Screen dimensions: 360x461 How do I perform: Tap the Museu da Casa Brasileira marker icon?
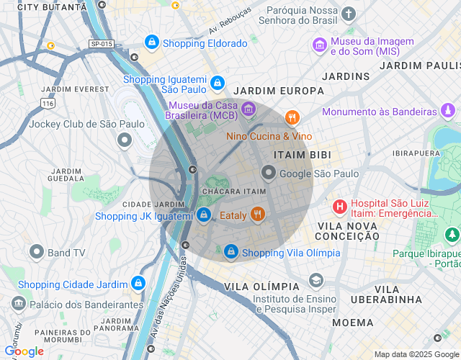point(249,109)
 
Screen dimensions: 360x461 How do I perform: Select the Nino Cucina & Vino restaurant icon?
point(292,117)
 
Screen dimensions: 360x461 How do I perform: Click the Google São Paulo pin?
point(269,173)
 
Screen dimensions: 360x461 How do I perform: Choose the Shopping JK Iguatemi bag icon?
point(204,215)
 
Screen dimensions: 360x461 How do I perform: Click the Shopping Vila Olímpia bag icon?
point(231,252)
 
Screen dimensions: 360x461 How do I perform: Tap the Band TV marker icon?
point(37,252)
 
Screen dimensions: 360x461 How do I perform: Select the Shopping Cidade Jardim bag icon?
point(138,284)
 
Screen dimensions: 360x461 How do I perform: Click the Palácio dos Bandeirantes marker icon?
point(19,304)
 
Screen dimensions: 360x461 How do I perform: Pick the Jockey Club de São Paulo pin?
point(124,140)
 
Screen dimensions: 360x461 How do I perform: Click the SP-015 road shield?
point(102,44)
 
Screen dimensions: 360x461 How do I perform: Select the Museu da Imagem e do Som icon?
point(319,46)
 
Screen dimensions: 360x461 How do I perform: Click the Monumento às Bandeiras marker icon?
point(448,112)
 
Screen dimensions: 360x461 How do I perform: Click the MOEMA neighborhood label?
point(353,322)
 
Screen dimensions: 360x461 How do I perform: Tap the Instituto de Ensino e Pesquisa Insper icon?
point(315,280)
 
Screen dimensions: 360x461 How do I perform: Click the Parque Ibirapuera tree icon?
point(452,235)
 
